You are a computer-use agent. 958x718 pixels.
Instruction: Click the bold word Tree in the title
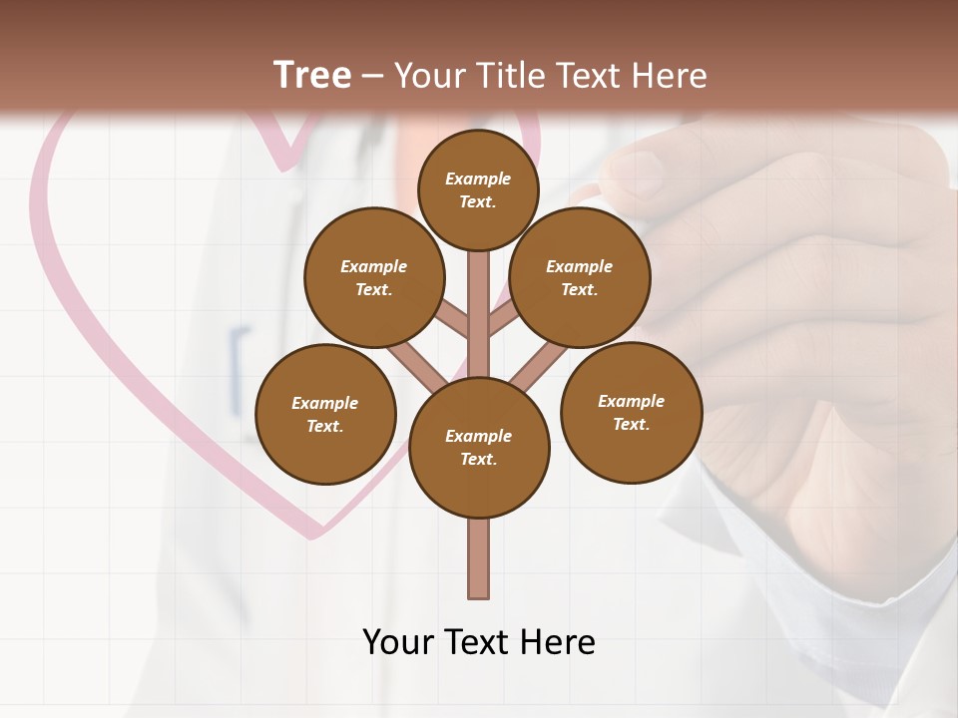(x=312, y=75)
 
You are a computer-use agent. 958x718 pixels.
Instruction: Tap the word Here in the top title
(x=669, y=75)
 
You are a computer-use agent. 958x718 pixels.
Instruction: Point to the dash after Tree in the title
(x=373, y=77)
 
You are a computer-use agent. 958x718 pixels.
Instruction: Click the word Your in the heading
(x=428, y=75)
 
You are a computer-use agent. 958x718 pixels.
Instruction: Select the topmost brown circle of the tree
(x=478, y=189)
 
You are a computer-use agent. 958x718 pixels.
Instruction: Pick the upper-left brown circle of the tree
(x=374, y=277)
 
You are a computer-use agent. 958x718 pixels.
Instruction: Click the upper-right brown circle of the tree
(x=580, y=277)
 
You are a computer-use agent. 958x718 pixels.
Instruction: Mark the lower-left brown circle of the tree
(x=325, y=414)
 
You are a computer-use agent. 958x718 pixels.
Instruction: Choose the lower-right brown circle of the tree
(x=631, y=412)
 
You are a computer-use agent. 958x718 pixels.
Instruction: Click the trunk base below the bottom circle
(x=479, y=563)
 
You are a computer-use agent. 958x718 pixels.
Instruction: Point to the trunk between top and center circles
(x=479, y=309)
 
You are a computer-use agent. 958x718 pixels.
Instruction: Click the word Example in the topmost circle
(x=478, y=179)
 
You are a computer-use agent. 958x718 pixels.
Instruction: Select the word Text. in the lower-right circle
(x=631, y=424)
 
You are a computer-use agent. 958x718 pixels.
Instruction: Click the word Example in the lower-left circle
(x=324, y=403)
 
